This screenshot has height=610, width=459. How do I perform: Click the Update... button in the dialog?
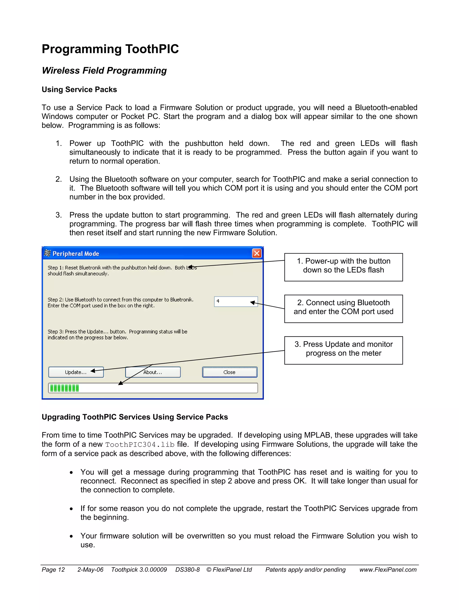click(76, 372)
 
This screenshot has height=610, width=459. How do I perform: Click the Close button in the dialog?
click(229, 372)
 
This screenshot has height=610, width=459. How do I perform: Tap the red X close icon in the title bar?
click(257, 253)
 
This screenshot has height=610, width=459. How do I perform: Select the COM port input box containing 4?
click(236, 301)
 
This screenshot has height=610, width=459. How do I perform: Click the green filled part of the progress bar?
click(64, 388)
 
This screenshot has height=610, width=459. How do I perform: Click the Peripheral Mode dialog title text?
click(76, 254)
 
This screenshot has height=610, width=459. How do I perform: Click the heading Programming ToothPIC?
click(110, 49)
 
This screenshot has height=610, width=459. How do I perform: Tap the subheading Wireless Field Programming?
click(104, 70)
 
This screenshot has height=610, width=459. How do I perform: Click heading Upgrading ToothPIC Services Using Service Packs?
click(134, 417)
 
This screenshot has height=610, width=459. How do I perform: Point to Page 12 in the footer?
click(53, 570)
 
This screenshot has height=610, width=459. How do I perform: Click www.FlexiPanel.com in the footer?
click(388, 570)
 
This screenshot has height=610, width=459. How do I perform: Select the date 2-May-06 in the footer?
click(90, 570)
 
